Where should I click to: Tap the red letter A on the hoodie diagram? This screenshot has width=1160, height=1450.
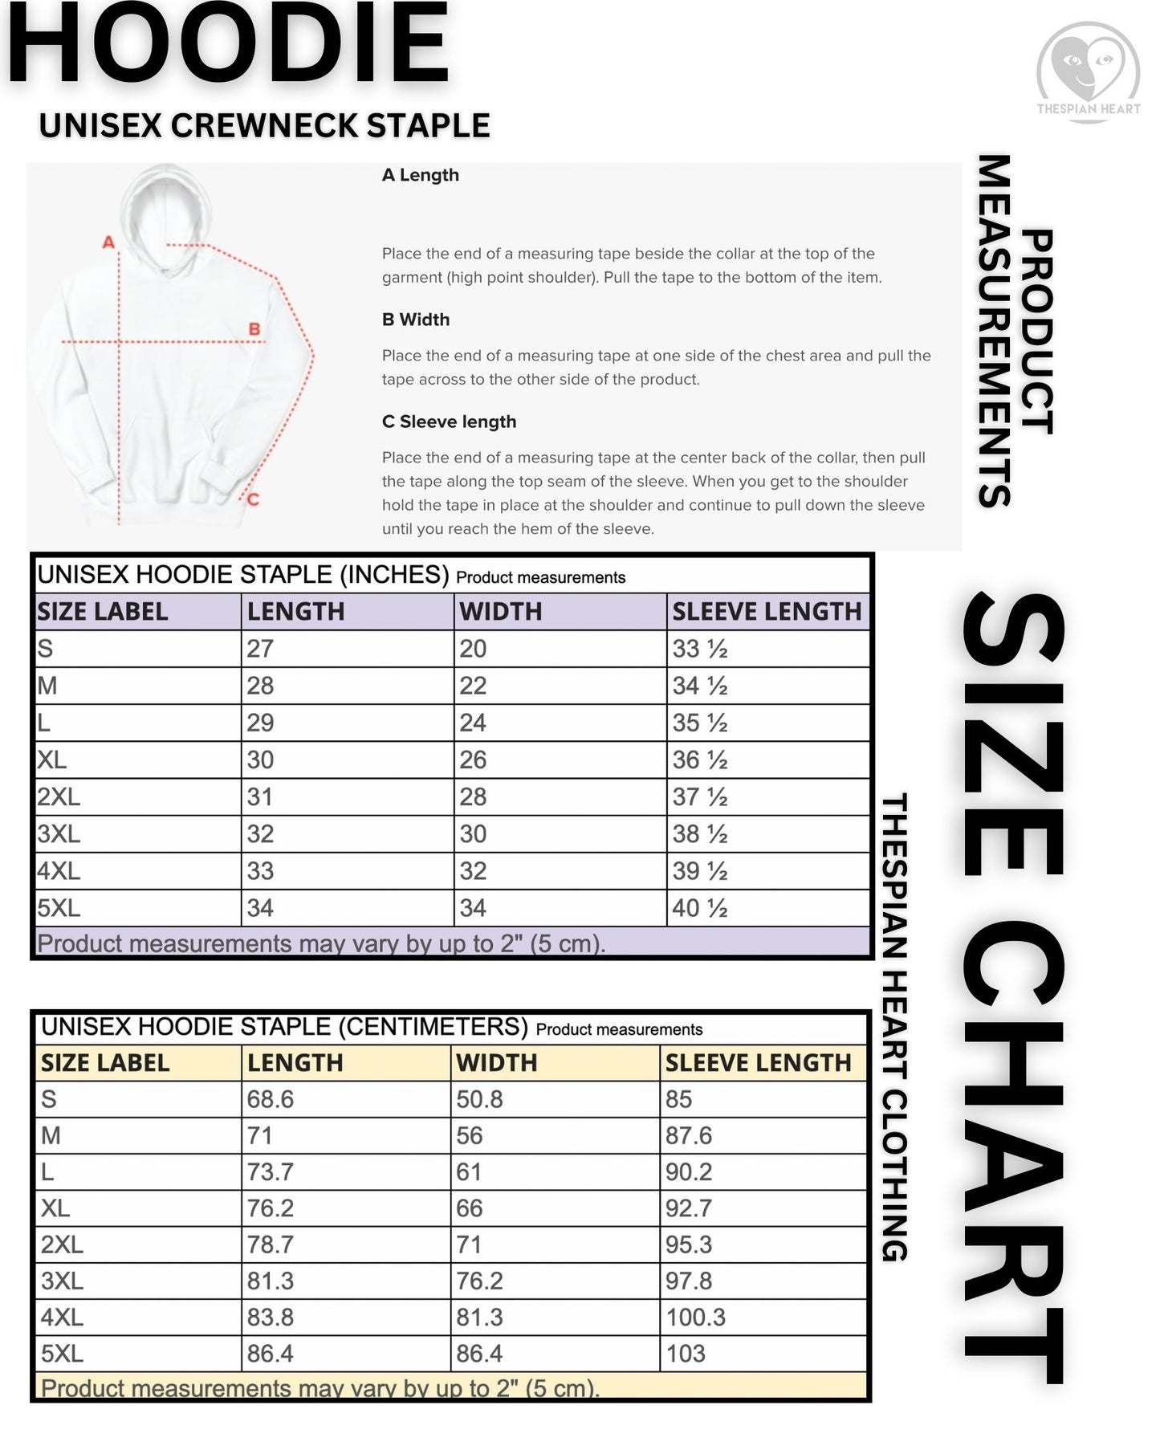(108, 242)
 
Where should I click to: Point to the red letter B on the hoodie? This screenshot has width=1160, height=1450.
(254, 328)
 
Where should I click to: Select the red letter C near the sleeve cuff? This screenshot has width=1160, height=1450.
(253, 499)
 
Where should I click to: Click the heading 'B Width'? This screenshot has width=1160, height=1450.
(415, 320)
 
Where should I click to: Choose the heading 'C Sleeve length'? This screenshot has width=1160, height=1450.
(449, 422)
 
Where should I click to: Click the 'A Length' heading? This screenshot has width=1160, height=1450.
(420, 175)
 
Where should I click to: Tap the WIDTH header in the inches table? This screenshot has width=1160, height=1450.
(500, 612)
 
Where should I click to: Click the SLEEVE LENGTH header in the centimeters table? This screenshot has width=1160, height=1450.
(757, 1062)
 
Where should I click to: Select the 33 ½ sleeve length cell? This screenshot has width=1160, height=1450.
(700, 649)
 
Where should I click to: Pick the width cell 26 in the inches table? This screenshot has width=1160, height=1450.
(473, 760)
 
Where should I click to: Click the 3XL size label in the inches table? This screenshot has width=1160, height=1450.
(59, 833)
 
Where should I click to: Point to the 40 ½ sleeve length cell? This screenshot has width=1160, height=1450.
(700, 908)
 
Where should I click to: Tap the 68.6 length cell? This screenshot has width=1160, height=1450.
(270, 1099)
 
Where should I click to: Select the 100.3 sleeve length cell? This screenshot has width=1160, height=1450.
(695, 1317)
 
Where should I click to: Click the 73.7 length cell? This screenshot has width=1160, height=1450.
(270, 1171)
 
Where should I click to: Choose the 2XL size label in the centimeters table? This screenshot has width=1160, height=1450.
(62, 1244)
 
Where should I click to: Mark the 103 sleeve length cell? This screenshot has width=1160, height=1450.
(685, 1353)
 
